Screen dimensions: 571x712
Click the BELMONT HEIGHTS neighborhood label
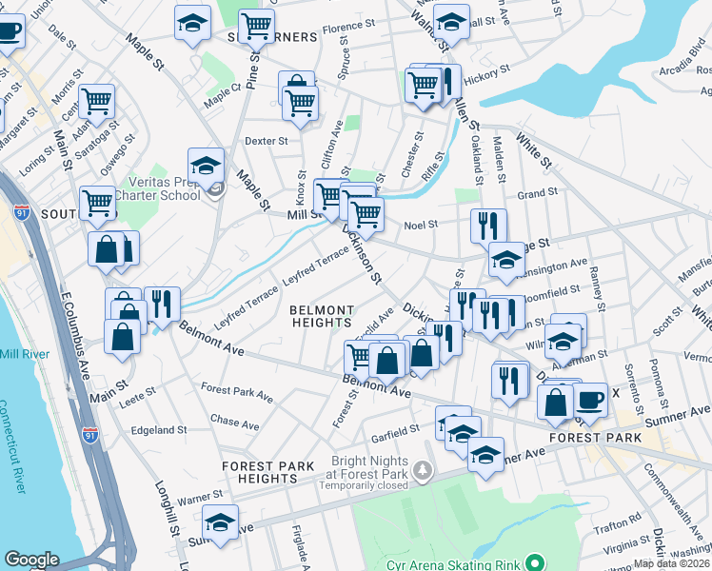point(322,317)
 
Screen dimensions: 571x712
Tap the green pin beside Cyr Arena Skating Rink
point(534,562)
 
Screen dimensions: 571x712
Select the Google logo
point(31,560)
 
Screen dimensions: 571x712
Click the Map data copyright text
point(672,563)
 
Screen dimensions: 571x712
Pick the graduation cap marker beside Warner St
point(221,522)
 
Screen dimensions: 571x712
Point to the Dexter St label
point(266,141)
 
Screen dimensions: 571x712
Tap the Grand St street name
point(537,193)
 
